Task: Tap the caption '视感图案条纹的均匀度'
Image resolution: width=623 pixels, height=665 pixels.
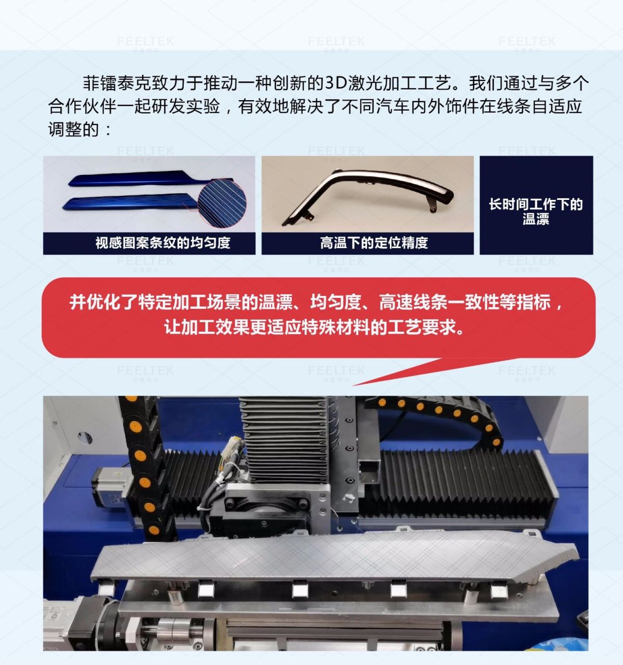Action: click(x=163, y=243)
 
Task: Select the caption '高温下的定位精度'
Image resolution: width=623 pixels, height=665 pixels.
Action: click(x=374, y=243)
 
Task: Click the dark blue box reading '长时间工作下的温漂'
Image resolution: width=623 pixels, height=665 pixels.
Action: click(x=536, y=205)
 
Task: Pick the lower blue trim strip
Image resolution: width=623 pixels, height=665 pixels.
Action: click(x=131, y=202)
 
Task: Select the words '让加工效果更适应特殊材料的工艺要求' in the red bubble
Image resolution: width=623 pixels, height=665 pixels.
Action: click(x=314, y=327)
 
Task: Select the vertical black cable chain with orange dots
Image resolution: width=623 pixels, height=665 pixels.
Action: click(x=144, y=469)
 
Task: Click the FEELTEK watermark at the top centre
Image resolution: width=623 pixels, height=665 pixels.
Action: click(x=336, y=42)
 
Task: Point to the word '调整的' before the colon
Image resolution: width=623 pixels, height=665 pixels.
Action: click(x=74, y=129)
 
